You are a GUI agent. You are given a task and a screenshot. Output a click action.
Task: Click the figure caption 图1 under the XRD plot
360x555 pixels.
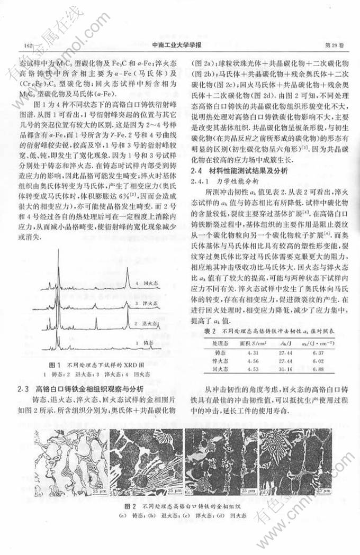[x=55, y=365]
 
